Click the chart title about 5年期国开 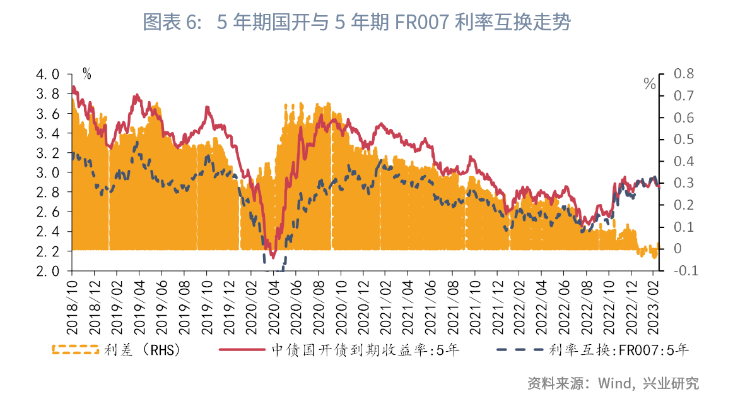[x=356, y=23]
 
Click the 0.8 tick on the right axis [x=683, y=74]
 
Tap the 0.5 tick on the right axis [x=683, y=140]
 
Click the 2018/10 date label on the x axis [x=71, y=304]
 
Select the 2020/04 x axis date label [x=274, y=304]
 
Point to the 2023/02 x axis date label [x=657, y=304]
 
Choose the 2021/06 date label [x=431, y=304]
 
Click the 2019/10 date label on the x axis [x=206, y=304]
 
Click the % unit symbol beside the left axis [x=86, y=75]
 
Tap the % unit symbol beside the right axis [x=650, y=84]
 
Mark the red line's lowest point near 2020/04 [x=273, y=256]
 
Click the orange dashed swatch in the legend [x=75, y=349]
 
